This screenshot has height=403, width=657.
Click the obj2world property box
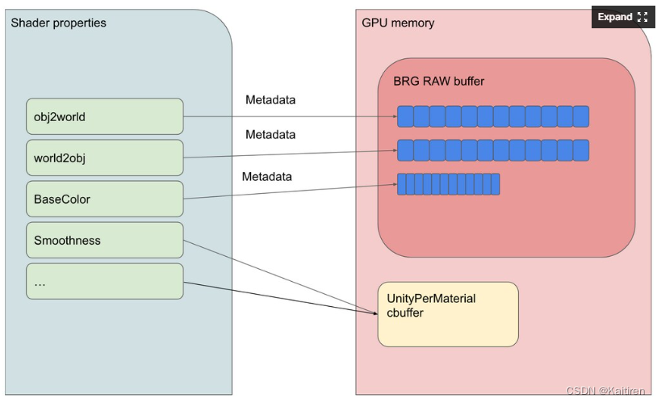click(105, 116)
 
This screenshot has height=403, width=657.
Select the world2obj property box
click(105, 157)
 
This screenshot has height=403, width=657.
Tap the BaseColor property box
click(105, 199)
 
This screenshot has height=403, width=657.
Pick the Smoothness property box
click(105, 240)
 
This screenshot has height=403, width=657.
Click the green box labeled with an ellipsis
click(105, 281)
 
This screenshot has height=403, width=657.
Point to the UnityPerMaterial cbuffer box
click(448, 314)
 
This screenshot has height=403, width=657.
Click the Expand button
click(622, 17)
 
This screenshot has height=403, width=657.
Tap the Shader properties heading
click(59, 23)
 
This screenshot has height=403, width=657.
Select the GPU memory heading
click(398, 23)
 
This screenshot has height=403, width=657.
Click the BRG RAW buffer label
click(439, 81)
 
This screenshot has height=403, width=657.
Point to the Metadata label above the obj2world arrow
click(270, 100)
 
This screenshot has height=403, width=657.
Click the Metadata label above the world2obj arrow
click(270, 135)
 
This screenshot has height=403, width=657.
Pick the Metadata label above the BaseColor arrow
click(267, 177)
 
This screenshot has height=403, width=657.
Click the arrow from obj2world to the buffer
click(291, 116)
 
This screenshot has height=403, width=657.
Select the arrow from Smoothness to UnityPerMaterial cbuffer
click(280, 277)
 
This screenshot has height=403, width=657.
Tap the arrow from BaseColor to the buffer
click(291, 191)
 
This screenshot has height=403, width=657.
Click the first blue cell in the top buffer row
click(405, 116)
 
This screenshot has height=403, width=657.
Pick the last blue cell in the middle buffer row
click(581, 150)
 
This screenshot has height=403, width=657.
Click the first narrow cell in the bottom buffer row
click(401, 184)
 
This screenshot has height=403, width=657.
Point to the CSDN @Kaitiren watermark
click(605, 391)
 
